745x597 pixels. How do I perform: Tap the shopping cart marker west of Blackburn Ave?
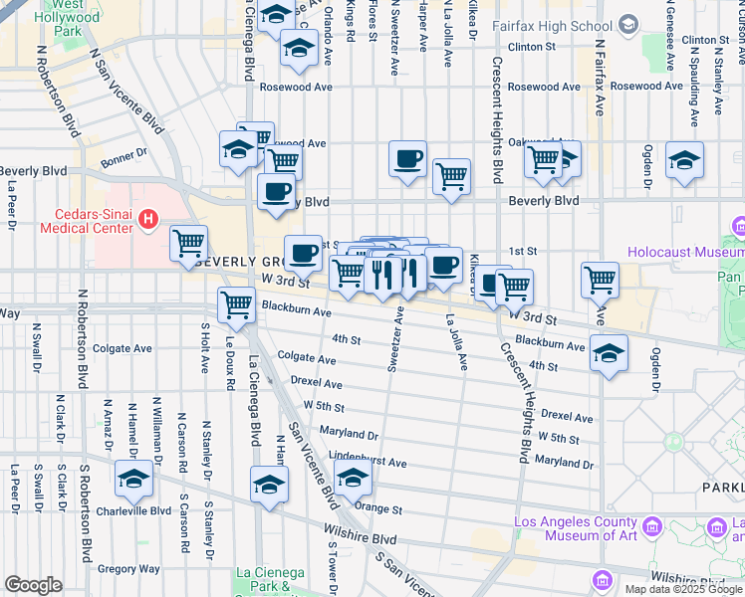click(x=236, y=303)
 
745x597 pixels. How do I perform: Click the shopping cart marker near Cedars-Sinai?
click(x=188, y=243)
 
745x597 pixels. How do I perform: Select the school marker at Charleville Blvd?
click(x=133, y=479)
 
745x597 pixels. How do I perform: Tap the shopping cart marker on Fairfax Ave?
click(x=600, y=280)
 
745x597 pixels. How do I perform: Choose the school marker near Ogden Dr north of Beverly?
click(x=684, y=159)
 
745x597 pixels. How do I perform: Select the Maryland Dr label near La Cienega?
click(x=349, y=435)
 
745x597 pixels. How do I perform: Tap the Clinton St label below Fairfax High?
click(x=531, y=47)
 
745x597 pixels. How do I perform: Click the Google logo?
click(x=33, y=584)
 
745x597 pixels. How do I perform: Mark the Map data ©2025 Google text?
click(x=682, y=589)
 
